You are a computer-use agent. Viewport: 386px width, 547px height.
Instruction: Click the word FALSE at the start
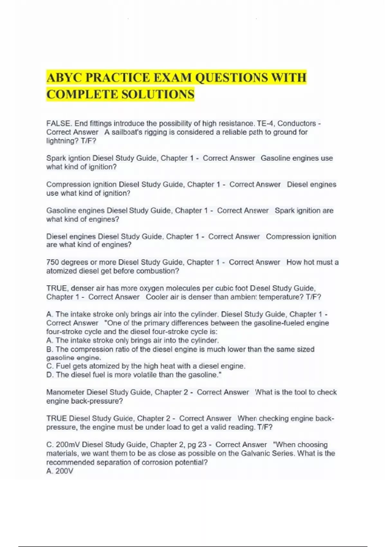[x=58, y=124]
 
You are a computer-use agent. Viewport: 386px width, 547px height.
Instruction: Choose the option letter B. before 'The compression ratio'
[x=50, y=349]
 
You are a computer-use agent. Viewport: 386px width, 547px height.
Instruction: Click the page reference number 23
[x=202, y=445]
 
